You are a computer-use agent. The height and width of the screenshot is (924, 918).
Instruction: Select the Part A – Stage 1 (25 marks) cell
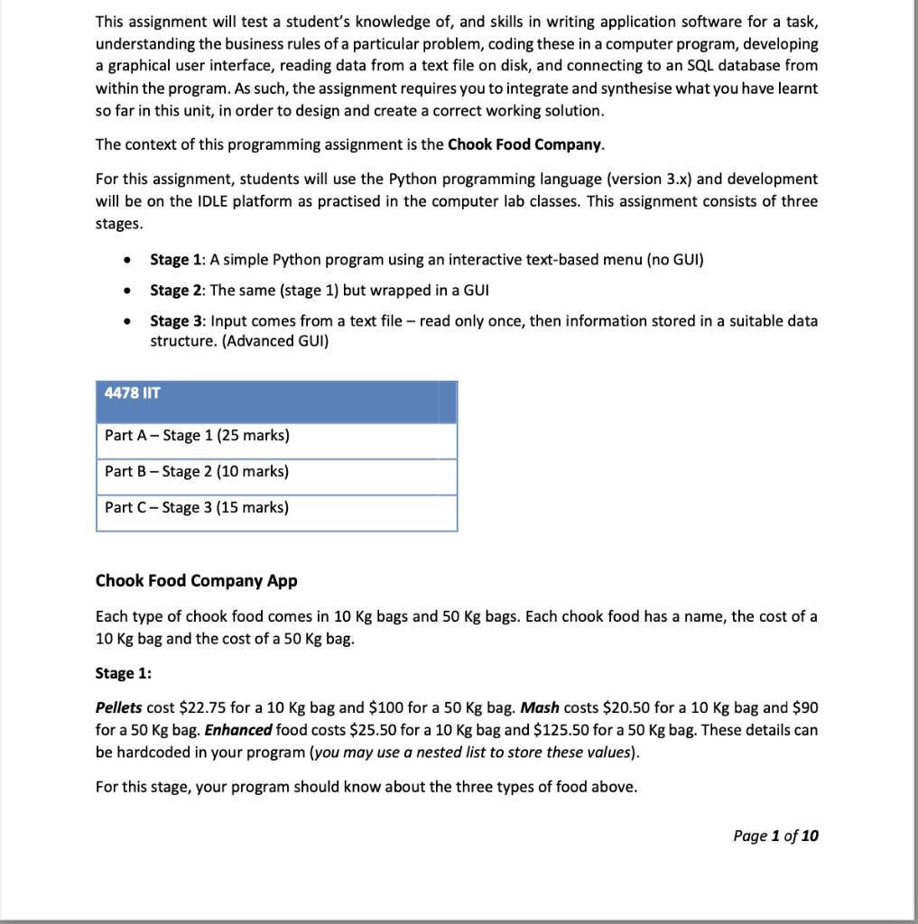tap(197, 436)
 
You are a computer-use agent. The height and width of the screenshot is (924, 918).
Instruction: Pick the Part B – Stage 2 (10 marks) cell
tap(197, 472)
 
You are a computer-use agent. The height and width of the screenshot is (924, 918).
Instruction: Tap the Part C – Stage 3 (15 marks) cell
tap(197, 507)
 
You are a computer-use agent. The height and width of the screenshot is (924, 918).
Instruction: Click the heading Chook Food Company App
tap(196, 581)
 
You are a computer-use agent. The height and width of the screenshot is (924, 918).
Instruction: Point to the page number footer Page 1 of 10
tap(776, 836)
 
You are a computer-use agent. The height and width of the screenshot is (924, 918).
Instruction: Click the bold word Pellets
tap(118, 707)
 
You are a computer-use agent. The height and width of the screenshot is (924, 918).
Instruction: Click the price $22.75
tap(203, 707)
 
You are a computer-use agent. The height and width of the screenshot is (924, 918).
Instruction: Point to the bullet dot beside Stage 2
tap(131, 291)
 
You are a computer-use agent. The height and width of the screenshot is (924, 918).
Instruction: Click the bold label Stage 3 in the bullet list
tap(170, 321)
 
